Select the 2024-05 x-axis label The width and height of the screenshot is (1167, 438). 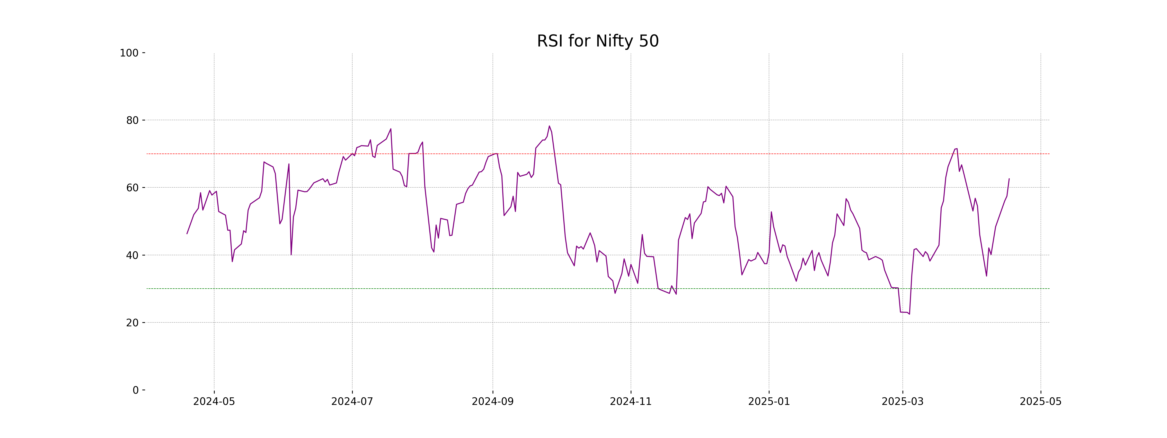coord(214,402)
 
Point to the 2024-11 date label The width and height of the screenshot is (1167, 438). coord(631,402)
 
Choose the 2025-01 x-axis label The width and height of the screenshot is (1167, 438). coord(769,402)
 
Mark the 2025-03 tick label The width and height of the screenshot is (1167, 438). coord(902,402)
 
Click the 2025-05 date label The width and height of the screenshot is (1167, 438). coord(1041,402)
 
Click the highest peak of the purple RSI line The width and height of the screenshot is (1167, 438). coord(549,126)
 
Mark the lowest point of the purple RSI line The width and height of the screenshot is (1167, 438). coord(909,314)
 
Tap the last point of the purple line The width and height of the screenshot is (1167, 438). coord(1009,179)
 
